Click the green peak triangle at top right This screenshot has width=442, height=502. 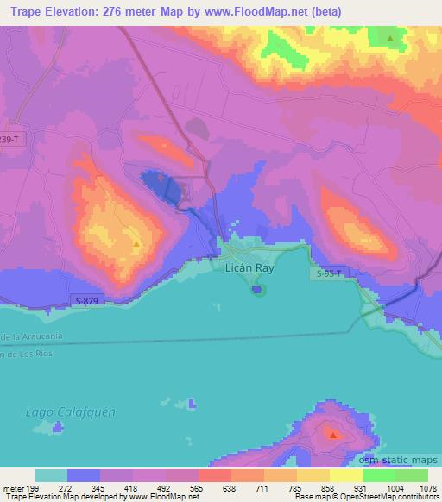click(x=390, y=38)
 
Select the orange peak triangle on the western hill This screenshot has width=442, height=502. click(x=136, y=244)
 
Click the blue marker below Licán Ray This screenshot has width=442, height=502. click(x=257, y=289)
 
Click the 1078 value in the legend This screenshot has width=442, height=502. click(x=420, y=488)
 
